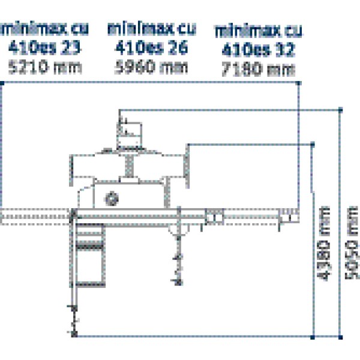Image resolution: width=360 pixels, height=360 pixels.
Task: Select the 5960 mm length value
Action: [x=151, y=66]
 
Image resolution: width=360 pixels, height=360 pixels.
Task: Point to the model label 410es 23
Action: [x=46, y=47]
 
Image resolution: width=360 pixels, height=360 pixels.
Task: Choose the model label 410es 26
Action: [x=151, y=47]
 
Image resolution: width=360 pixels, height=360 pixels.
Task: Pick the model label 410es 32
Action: [x=259, y=49]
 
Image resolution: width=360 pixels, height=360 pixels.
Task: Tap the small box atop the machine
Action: [x=130, y=127]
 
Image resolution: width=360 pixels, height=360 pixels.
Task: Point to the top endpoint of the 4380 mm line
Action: [x=313, y=144]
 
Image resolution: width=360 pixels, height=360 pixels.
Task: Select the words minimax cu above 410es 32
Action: [x=259, y=29]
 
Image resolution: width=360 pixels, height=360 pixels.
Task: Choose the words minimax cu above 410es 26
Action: [x=151, y=28]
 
